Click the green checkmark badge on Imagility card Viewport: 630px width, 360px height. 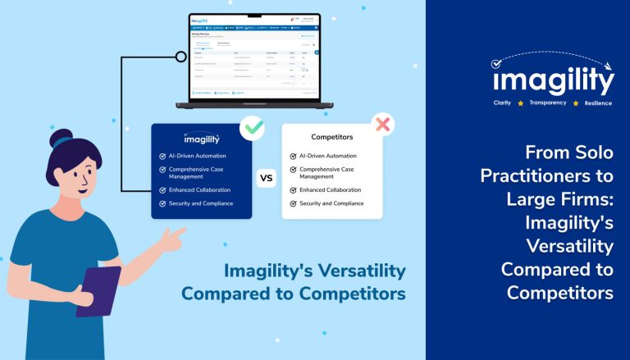[x=251, y=127]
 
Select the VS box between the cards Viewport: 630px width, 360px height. [x=267, y=177]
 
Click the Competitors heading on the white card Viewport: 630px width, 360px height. [x=331, y=137]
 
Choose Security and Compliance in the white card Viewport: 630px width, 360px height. [x=331, y=203]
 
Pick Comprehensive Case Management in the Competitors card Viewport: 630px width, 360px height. [x=327, y=172]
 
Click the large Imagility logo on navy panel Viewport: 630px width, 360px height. [x=553, y=80]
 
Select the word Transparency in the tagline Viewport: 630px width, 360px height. [x=548, y=103]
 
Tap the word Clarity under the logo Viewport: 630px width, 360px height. [x=502, y=103]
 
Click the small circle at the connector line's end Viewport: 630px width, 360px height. [x=180, y=57]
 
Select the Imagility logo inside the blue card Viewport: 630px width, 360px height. [x=201, y=138]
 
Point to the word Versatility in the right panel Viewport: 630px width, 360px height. [x=569, y=246]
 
